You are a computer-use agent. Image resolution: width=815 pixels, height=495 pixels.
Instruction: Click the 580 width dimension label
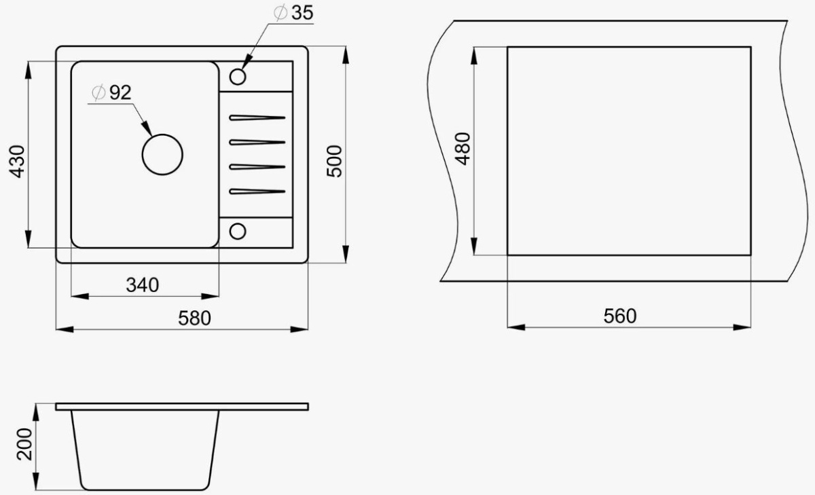tap(194, 318)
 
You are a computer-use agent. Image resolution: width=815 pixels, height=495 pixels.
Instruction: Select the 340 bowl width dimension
tap(142, 285)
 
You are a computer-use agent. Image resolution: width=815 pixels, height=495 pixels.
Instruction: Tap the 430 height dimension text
tap(17, 162)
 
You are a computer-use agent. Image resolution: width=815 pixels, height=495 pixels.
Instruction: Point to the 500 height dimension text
tap(334, 161)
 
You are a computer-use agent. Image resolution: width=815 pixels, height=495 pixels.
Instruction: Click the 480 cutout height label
tap(463, 149)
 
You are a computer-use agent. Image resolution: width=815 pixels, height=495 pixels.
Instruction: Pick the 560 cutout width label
tap(620, 316)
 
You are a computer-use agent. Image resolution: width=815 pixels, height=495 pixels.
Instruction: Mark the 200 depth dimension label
tap(24, 444)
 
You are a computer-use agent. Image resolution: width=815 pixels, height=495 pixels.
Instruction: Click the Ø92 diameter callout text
tap(111, 93)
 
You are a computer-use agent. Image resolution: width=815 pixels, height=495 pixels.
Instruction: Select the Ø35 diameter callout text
tap(293, 13)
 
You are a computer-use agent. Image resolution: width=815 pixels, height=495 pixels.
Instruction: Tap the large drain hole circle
tap(162, 134)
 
